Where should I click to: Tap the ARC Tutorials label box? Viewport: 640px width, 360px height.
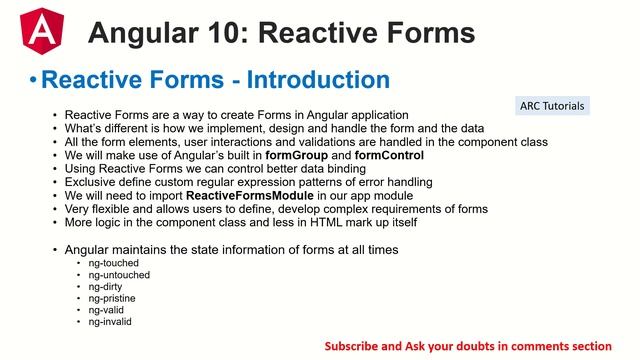click(x=553, y=105)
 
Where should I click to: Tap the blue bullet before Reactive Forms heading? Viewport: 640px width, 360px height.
click(x=34, y=79)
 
